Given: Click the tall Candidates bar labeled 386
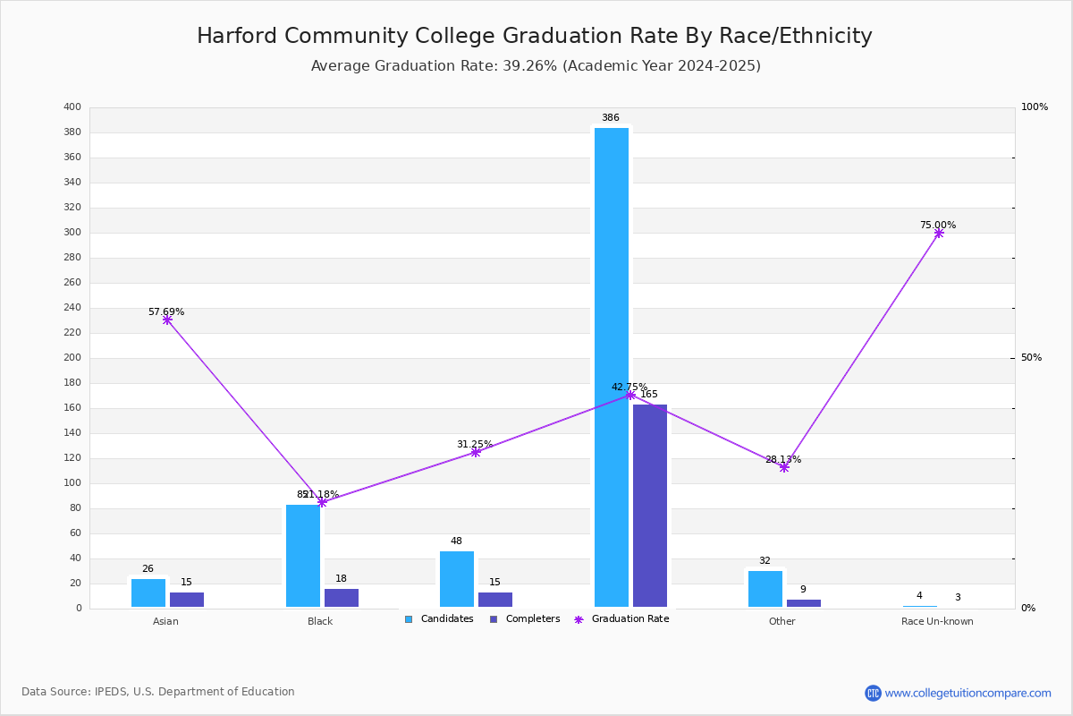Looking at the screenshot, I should tap(612, 367).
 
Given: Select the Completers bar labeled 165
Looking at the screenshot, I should tap(650, 506).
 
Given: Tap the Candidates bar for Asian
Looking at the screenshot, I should tap(148, 592).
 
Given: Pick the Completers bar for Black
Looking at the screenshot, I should tap(342, 598).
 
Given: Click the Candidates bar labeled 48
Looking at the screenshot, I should tap(457, 579).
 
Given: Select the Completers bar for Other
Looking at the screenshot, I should tap(804, 603).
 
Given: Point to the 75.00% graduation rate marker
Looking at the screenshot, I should tap(939, 233).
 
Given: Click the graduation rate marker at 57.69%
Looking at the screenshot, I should tap(167, 320).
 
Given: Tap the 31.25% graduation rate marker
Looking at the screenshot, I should tap(476, 452).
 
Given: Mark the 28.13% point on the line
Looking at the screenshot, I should tap(784, 467).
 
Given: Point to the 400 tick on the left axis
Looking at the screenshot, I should tap(72, 107).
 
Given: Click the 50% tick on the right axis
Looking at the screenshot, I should tap(1031, 358).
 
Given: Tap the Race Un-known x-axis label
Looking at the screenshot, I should tap(937, 621).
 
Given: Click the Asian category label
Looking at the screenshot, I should tap(165, 621).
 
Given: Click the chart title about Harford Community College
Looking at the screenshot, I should tap(535, 36).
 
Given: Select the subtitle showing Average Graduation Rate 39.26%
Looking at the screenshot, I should tap(536, 66).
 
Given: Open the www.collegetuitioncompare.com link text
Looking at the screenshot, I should tap(967, 693).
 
